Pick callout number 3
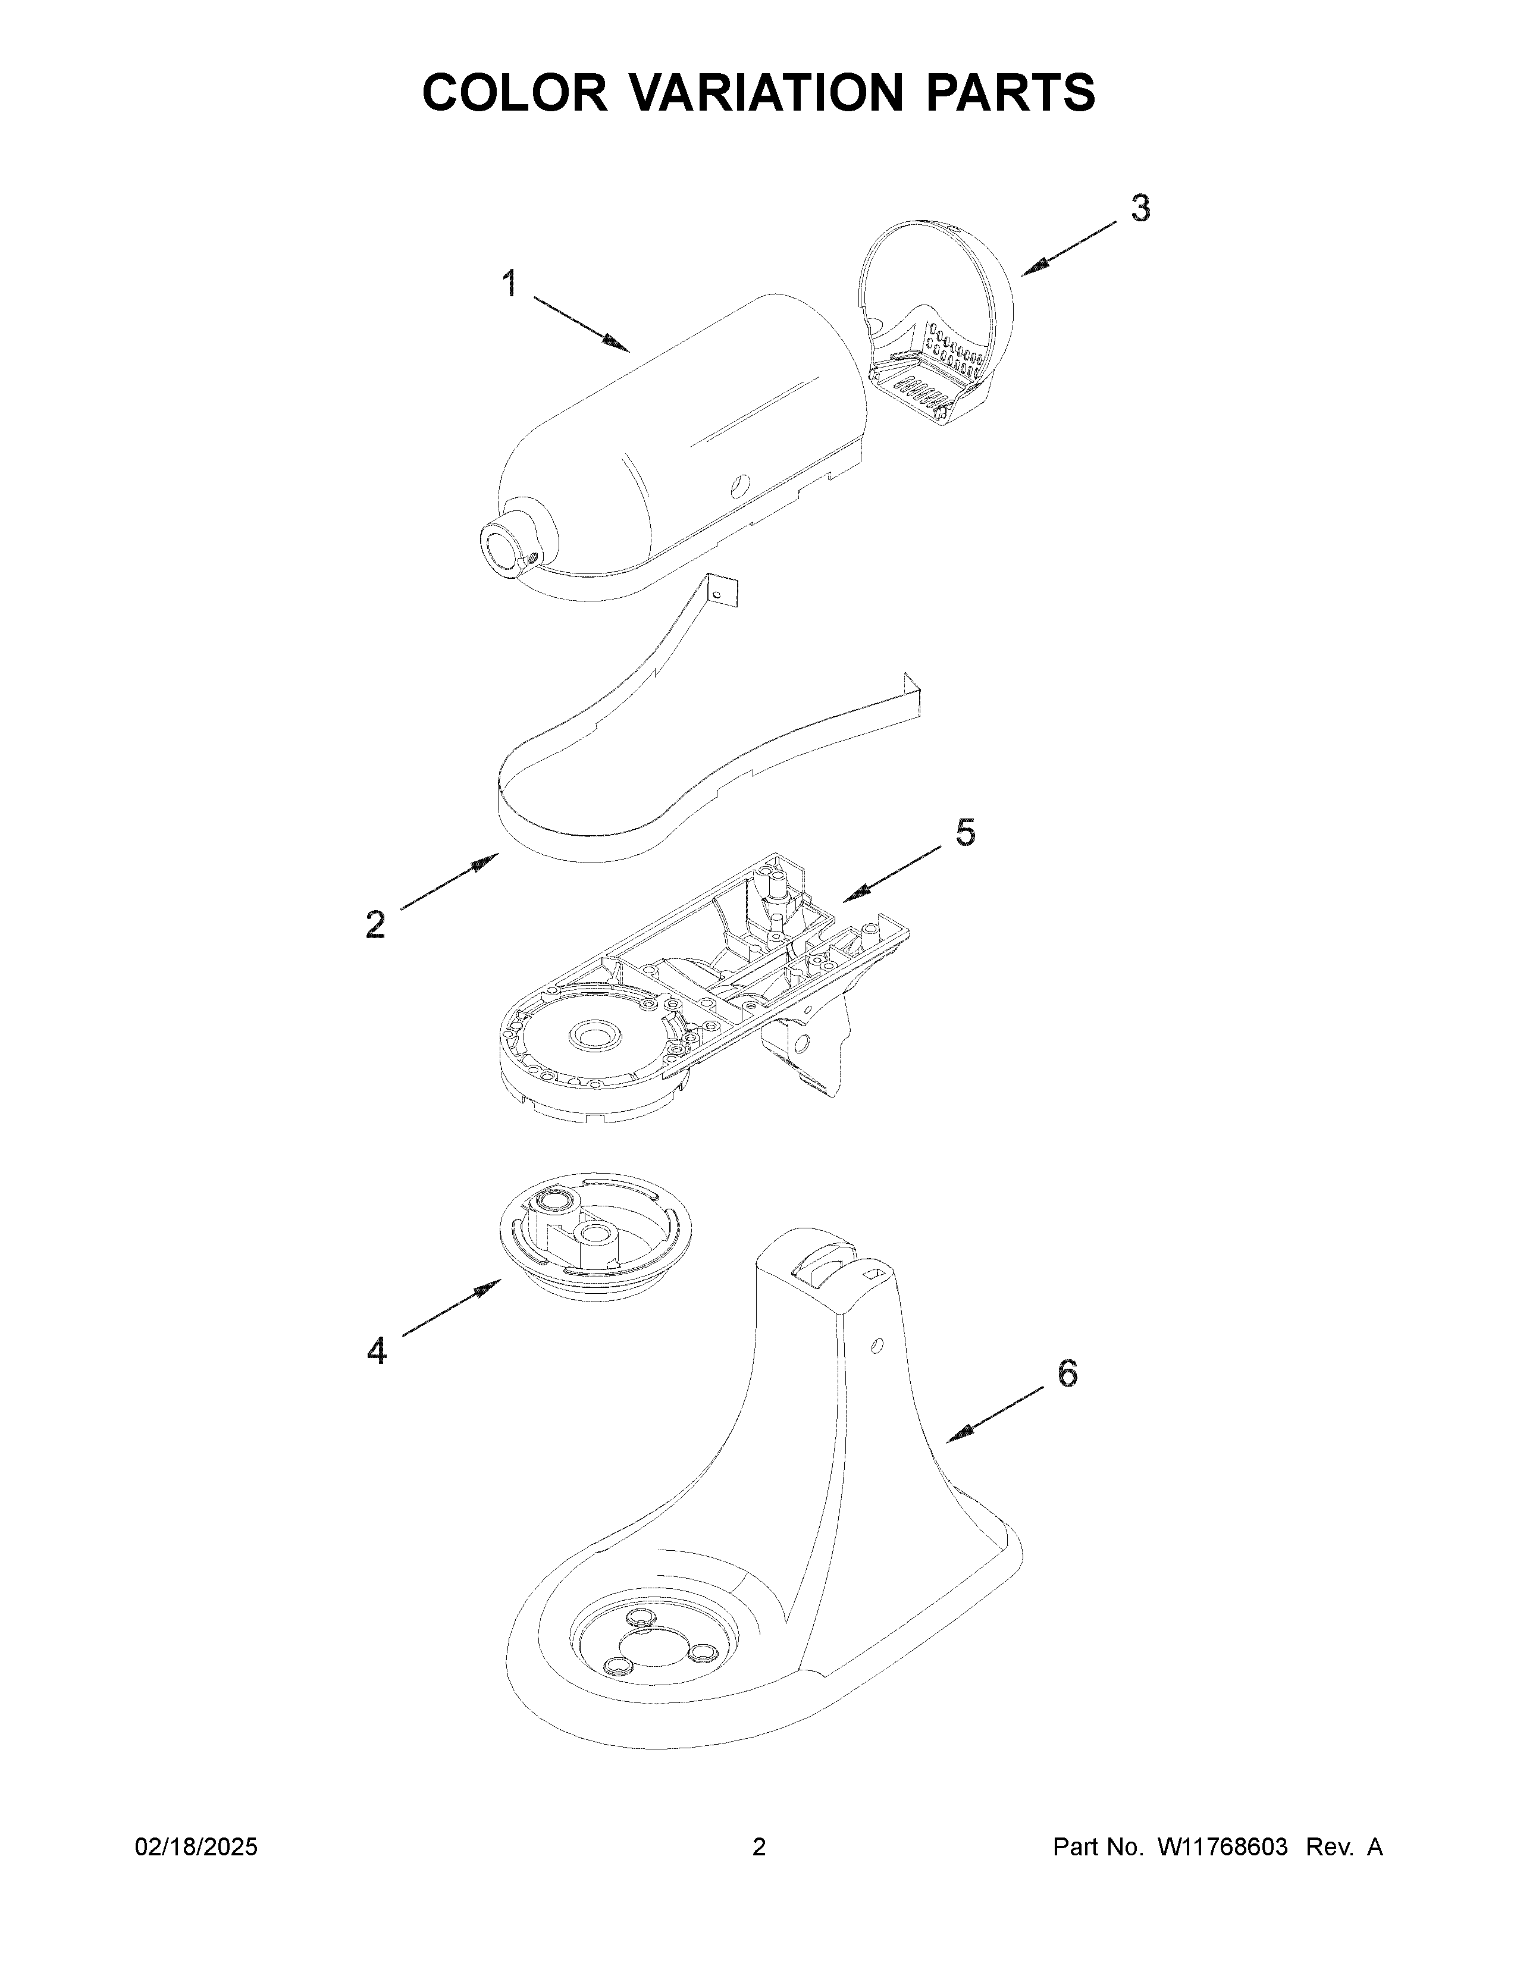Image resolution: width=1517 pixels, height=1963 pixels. tap(1140, 209)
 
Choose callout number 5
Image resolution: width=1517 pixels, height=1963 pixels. tap(964, 833)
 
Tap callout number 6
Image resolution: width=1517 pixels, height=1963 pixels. tap(1067, 1374)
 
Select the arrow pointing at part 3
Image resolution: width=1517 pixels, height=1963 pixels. tap(1071, 248)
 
